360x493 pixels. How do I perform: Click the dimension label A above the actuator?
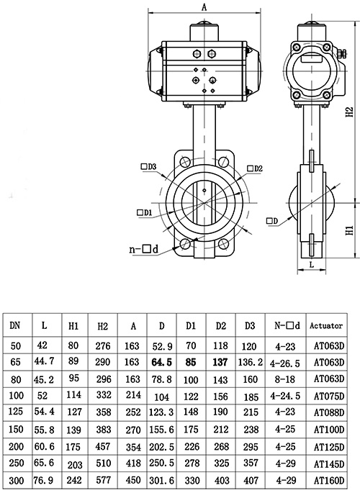[x=204, y=7]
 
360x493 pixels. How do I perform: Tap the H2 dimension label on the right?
[x=350, y=112]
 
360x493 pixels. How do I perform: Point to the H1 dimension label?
[x=350, y=230]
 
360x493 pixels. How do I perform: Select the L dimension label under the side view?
[x=312, y=264]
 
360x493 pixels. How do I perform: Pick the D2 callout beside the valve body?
[x=255, y=168]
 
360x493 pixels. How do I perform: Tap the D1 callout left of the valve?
[x=145, y=212]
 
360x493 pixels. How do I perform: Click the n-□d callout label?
[x=144, y=249]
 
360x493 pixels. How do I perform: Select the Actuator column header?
[x=326, y=325]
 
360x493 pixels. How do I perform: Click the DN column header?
[x=15, y=325]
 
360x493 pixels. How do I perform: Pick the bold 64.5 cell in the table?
[x=161, y=362]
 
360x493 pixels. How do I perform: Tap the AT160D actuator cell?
[x=329, y=480]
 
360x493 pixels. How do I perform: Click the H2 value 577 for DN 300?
[x=103, y=480]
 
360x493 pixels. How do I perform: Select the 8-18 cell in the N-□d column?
[x=285, y=379]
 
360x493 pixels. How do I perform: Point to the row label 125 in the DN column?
[x=16, y=411]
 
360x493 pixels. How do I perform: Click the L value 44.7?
[x=44, y=361]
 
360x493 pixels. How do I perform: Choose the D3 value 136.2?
[x=251, y=362]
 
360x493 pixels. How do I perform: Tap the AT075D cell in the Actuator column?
[x=329, y=396]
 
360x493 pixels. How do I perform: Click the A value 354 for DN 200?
[x=133, y=446]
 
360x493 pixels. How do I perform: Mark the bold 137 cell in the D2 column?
[x=220, y=362]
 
